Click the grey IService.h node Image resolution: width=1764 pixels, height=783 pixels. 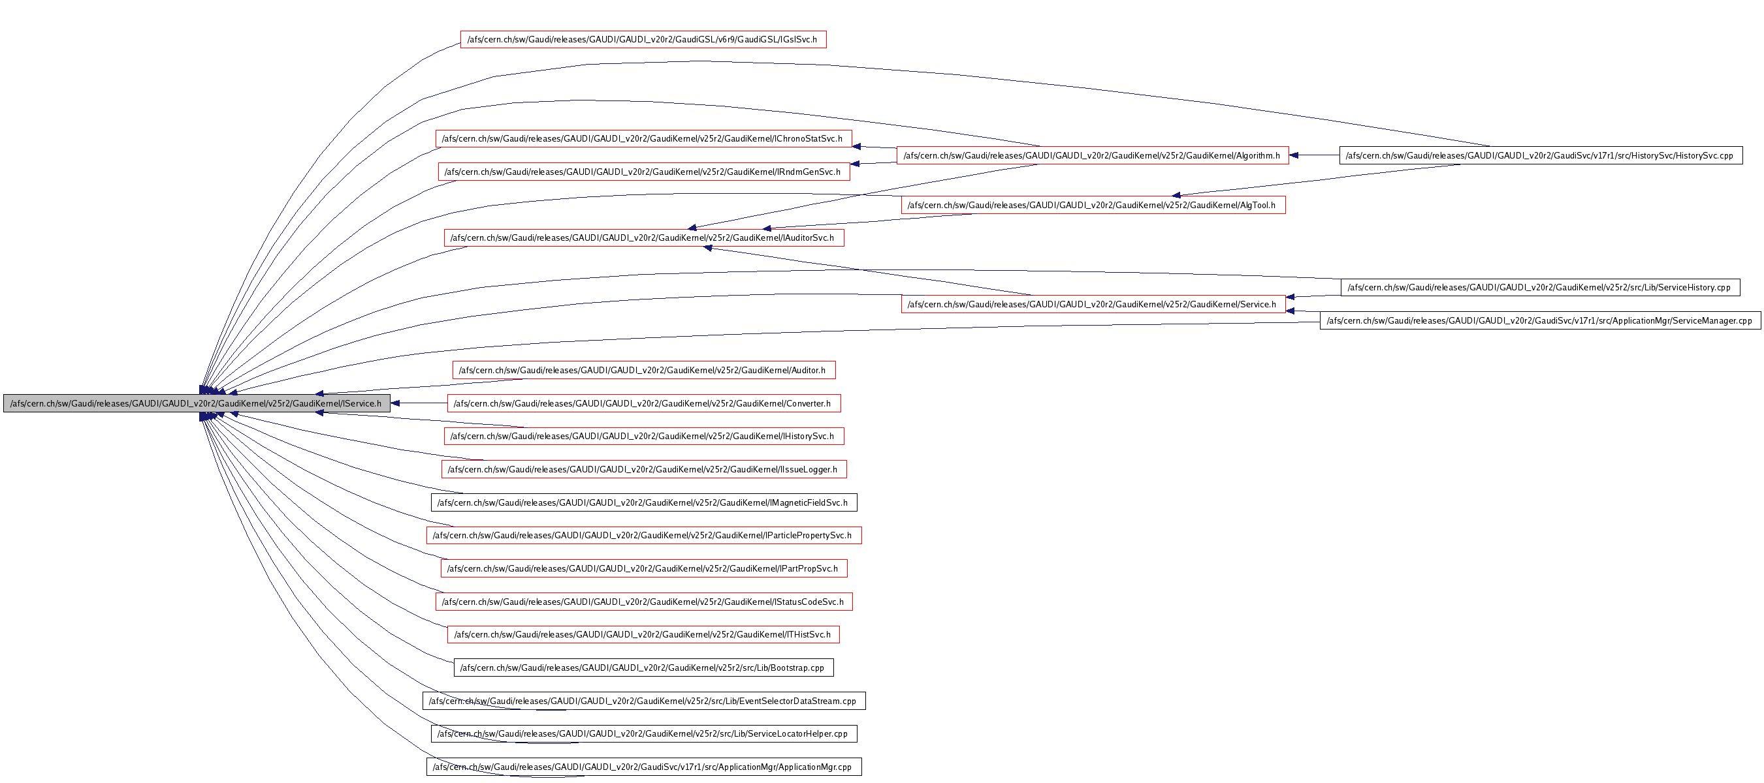pyautogui.click(x=197, y=403)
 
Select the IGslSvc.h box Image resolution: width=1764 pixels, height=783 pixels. pyautogui.click(x=643, y=40)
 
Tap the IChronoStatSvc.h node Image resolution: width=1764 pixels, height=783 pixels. pyautogui.click(x=643, y=139)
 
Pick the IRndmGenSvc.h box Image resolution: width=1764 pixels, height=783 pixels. pyautogui.click(x=643, y=172)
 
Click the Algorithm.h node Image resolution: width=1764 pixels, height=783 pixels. pyautogui.click(x=1092, y=155)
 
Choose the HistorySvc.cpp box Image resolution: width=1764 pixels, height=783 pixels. pyautogui.click(x=1540, y=155)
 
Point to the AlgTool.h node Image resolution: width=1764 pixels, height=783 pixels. pyautogui.click(x=1092, y=205)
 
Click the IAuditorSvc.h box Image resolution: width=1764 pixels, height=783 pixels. pyautogui.click(x=643, y=238)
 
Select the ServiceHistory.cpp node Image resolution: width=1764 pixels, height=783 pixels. pyautogui.click(x=1540, y=288)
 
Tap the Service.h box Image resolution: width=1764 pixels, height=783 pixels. pyautogui.click(x=1092, y=305)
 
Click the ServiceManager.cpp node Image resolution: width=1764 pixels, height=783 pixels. pyautogui.click(x=1540, y=320)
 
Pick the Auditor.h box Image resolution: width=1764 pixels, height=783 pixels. pyautogui.click(x=643, y=370)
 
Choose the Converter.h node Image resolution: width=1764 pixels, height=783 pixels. pyautogui.click(x=643, y=403)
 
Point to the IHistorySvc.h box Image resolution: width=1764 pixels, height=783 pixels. pyautogui.click(x=643, y=436)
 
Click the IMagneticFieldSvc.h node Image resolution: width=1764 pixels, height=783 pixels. pyautogui.click(x=643, y=502)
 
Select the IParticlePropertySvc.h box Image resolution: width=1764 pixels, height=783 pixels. pyautogui.click(x=643, y=535)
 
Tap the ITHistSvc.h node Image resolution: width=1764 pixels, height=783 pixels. pyautogui.click(x=643, y=634)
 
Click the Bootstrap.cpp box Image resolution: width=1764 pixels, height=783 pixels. pyautogui.click(x=643, y=668)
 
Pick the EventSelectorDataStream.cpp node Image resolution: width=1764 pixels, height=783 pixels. pyautogui.click(x=643, y=701)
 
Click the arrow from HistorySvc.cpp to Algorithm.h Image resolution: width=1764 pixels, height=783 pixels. pyautogui.click(x=1314, y=155)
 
